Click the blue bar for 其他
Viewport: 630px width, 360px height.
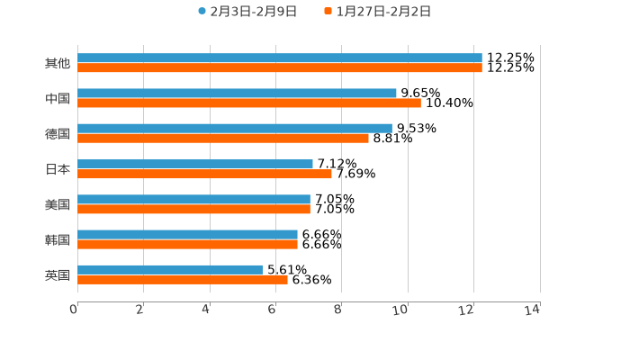[279, 58]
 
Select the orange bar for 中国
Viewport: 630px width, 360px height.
[248, 103]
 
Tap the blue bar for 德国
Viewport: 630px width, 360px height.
[234, 129]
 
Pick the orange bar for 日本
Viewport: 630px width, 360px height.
[204, 174]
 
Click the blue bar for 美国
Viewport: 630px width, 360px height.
[193, 199]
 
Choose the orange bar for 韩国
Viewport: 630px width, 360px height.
[187, 244]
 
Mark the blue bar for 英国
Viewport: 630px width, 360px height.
[170, 269]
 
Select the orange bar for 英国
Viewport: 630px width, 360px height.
[183, 279]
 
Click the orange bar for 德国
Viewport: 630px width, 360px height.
[223, 139]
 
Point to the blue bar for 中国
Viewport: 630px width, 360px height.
[237, 94]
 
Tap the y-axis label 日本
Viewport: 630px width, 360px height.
[58, 169]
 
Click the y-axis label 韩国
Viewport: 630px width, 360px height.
[58, 239]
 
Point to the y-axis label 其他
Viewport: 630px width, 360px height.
[58, 64]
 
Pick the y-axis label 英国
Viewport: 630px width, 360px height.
[58, 274]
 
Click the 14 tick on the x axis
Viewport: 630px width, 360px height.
[533, 310]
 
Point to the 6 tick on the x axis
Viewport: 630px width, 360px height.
[272, 310]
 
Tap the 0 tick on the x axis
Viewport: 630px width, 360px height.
[75, 310]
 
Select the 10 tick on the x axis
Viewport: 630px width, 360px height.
[400, 310]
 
